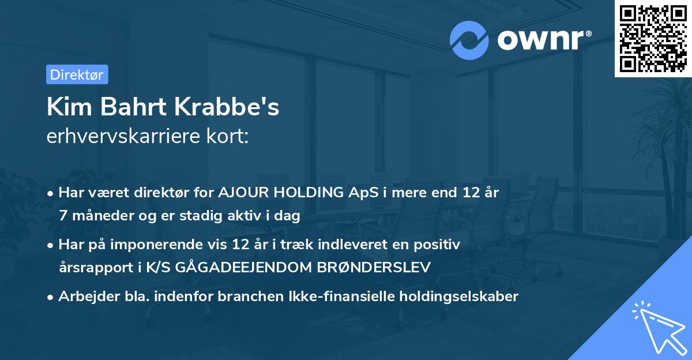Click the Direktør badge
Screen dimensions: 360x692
tap(77, 74)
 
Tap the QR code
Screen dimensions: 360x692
tap(652, 38)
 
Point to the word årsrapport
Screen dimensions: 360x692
tap(92, 268)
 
